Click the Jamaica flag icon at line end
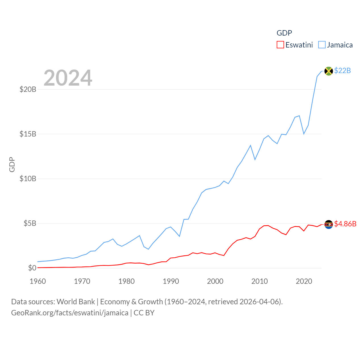pyautogui.click(x=328, y=71)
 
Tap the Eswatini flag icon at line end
pyautogui.click(x=328, y=224)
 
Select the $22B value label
pyautogui.click(x=342, y=71)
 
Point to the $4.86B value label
pyautogui.click(x=345, y=224)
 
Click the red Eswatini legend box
pyautogui.click(x=280, y=45)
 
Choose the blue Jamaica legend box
pyautogui.click(x=322, y=45)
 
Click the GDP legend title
pyautogui.click(x=284, y=33)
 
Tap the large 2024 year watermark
pyautogui.click(x=68, y=78)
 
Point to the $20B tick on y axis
pyautogui.click(x=28, y=89)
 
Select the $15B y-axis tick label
pyautogui.click(x=28, y=134)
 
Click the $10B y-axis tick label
pyautogui.click(x=28, y=179)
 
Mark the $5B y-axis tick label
pyautogui.click(x=30, y=223)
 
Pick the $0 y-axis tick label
pyautogui.click(x=32, y=268)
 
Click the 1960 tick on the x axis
pyautogui.click(x=38, y=281)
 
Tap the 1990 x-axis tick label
pyautogui.click(x=171, y=281)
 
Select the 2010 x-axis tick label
pyautogui.click(x=260, y=281)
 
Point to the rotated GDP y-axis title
pyautogui.click(x=12, y=164)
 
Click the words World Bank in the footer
pyautogui.click(x=76, y=301)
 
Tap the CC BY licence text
pyautogui.click(x=144, y=313)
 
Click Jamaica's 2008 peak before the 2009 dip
pyautogui.click(x=251, y=146)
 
